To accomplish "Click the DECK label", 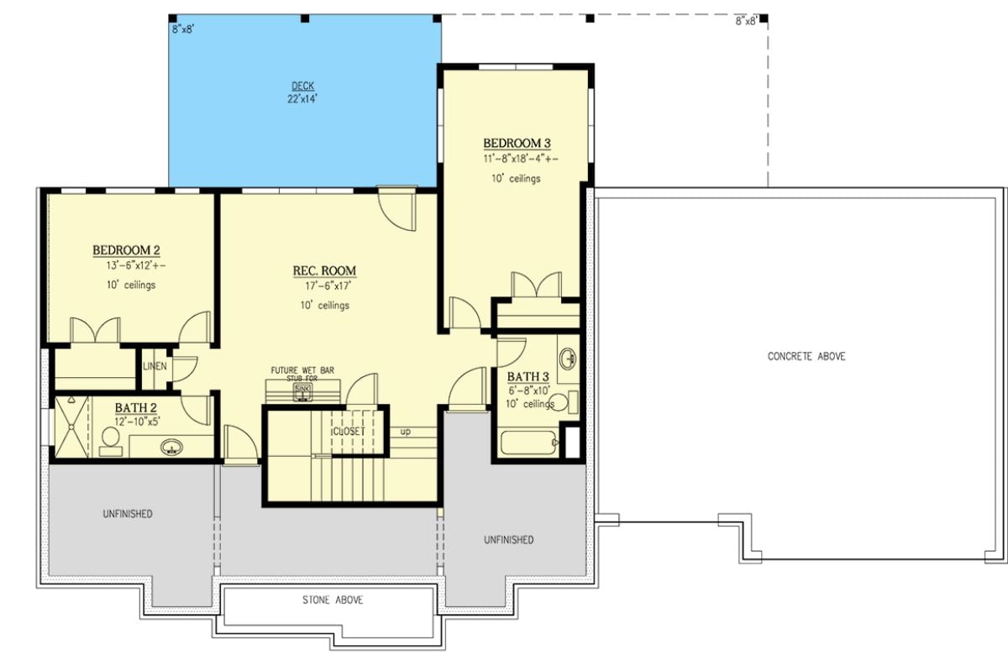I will coord(302,86).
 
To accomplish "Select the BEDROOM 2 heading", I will coord(126,250).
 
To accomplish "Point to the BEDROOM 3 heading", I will coord(516,143).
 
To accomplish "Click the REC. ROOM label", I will coord(324,271).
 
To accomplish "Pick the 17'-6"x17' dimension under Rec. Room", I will coord(324,286).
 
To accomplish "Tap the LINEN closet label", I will coord(155,366).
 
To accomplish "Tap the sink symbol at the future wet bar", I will coord(302,389).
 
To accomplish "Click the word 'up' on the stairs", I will coord(406,432).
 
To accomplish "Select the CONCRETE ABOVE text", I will coord(806,357).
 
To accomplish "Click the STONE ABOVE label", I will coord(333,600).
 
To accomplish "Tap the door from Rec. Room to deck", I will coord(396,210).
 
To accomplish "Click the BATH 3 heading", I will coord(528,376).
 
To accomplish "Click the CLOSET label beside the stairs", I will coord(349,431).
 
